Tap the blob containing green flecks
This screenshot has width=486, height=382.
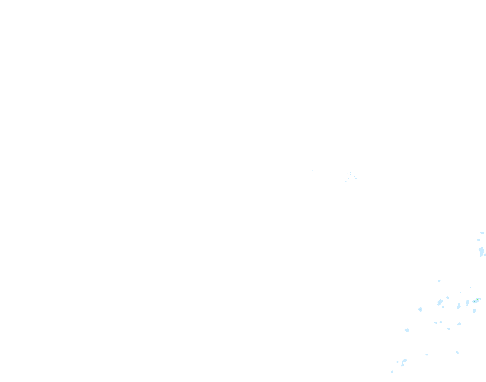pyautogui.click(x=476, y=301)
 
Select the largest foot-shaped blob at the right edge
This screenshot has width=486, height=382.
pyautogui.click(x=481, y=251)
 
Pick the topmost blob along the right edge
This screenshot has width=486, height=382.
pyautogui.click(x=482, y=233)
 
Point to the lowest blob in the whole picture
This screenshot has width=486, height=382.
pyautogui.click(x=392, y=372)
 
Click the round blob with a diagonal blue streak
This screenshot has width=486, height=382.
pyautogui.click(x=420, y=309)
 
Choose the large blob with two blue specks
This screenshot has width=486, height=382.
pyautogui.click(x=440, y=302)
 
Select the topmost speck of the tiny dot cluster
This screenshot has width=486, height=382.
pyautogui.click(x=351, y=172)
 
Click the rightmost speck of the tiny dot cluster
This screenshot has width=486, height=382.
pyautogui.click(x=356, y=179)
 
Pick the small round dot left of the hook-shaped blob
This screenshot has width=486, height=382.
pyautogui.click(x=398, y=362)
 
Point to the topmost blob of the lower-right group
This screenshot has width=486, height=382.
pyautogui.click(x=439, y=281)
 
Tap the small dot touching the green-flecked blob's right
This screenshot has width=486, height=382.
pyautogui.click(x=480, y=299)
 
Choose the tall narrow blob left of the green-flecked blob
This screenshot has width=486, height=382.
pyautogui.click(x=468, y=302)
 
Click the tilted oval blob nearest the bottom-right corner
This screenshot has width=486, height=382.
pyautogui.click(x=457, y=352)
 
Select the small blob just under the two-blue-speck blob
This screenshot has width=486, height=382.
pyautogui.click(x=443, y=307)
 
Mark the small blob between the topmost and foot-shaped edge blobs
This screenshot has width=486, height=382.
pyautogui.click(x=479, y=240)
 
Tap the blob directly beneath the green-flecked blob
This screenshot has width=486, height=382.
pyautogui.click(x=474, y=311)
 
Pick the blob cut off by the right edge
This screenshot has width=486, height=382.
pyautogui.click(x=485, y=255)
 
